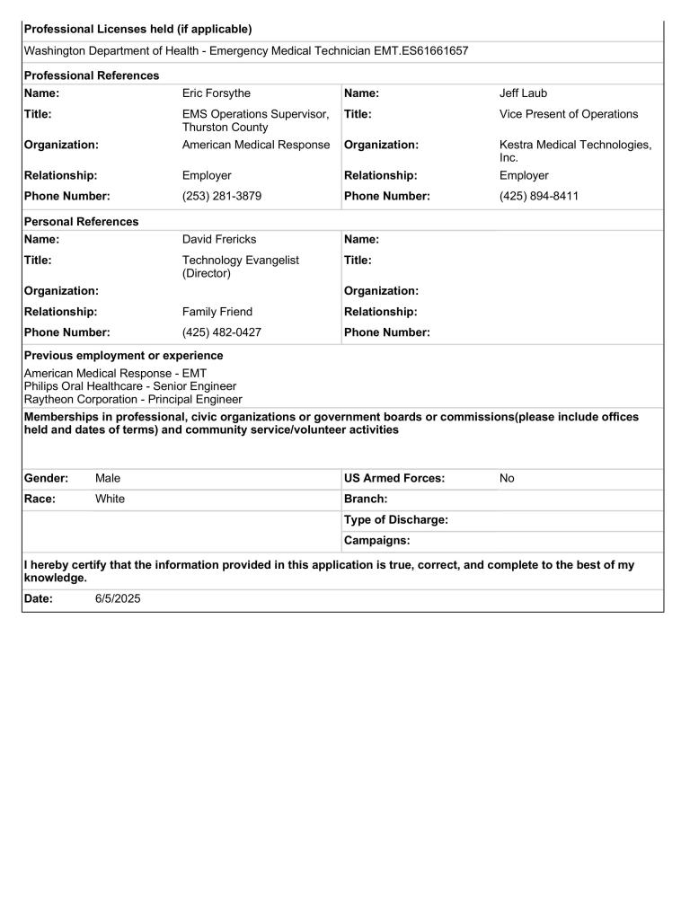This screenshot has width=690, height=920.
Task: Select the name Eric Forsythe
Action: click(217, 93)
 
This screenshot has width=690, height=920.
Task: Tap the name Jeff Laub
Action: click(523, 93)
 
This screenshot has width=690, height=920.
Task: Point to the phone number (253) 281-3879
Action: click(222, 196)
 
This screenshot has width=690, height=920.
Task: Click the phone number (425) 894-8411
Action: click(539, 196)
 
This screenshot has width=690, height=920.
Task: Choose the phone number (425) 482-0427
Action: click(222, 332)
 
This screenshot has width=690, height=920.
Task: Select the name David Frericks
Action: click(219, 240)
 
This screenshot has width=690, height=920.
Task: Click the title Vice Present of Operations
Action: click(569, 114)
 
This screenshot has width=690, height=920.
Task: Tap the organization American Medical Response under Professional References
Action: click(256, 145)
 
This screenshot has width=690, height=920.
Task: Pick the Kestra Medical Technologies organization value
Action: click(575, 150)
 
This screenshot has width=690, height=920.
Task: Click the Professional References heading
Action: click(92, 75)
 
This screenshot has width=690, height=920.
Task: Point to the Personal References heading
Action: click(81, 222)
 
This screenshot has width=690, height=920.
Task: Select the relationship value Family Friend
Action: click(217, 312)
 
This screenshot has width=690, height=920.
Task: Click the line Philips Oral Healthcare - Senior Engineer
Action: click(130, 386)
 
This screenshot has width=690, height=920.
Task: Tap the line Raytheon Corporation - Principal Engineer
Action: click(133, 400)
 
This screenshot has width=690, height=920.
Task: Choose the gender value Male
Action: click(108, 479)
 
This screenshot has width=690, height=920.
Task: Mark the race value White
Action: click(110, 500)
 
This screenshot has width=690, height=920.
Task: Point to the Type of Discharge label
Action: click(395, 520)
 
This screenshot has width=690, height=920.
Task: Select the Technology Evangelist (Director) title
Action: click(241, 266)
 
